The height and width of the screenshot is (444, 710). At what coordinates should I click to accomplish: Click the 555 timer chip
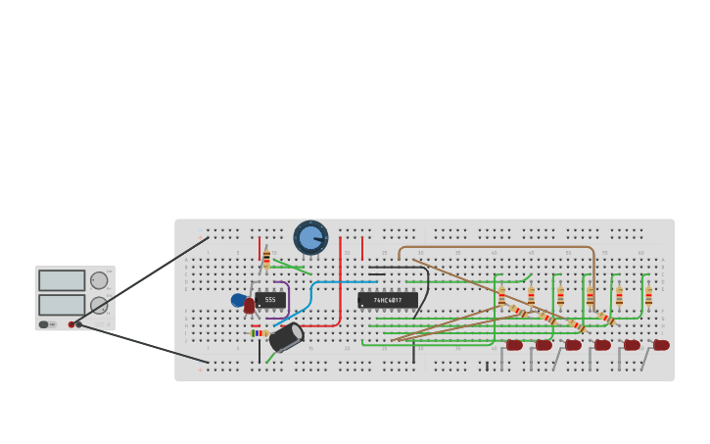(x=270, y=300)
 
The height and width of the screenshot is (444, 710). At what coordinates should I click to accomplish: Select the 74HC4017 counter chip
(x=388, y=300)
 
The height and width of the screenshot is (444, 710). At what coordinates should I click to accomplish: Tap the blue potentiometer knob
(x=310, y=237)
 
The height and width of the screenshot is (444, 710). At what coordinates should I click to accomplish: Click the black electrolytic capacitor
(x=286, y=337)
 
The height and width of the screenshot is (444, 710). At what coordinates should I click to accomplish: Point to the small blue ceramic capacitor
(x=238, y=300)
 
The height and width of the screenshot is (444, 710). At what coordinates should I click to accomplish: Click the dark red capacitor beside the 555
(x=250, y=306)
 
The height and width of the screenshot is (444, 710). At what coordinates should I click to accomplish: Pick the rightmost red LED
(x=662, y=345)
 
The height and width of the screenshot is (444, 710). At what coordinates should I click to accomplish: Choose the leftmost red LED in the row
(x=515, y=345)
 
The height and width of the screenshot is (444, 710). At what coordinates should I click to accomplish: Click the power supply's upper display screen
(x=62, y=280)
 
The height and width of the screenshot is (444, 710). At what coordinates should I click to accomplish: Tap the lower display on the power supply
(x=62, y=305)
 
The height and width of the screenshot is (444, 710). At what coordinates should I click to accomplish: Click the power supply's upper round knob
(x=99, y=280)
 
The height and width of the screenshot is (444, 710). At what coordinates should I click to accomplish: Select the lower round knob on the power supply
(x=99, y=305)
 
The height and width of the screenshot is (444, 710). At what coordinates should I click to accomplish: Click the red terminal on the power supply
(x=71, y=324)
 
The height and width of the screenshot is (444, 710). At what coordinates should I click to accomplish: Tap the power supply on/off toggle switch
(x=44, y=324)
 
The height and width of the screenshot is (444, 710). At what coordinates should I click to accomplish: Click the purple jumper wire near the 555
(x=287, y=294)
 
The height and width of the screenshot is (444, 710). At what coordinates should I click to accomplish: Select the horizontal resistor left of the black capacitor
(x=259, y=333)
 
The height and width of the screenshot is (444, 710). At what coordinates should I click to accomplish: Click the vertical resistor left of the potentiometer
(x=266, y=258)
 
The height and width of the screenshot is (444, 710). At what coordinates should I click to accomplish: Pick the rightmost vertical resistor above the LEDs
(x=648, y=295)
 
